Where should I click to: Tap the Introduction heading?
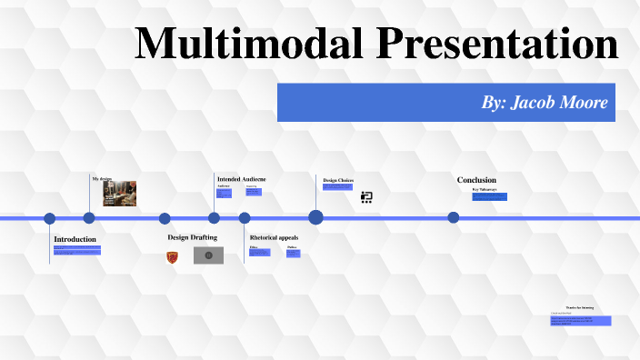[x=75, y=239]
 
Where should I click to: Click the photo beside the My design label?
[x=120, y=193]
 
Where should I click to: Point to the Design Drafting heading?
[x=192, y=237]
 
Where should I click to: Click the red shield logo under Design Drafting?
[x=172, y=257]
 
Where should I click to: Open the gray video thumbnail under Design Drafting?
[x=208, y=255]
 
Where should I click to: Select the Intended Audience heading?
[x=241, y=179]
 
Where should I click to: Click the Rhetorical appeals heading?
[x=274, y=237]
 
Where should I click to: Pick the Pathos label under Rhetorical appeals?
[x=292, y=247]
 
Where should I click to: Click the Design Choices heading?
[x=338, y=180]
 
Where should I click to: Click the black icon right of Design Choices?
[x=366, y=196]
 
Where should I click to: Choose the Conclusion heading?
[x=476, y=180]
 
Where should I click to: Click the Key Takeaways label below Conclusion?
[x=485, y=190]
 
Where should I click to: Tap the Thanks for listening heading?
[x=579, y=308]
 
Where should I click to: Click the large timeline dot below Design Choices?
[x=315, y=217]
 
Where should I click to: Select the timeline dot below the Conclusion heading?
[x=454, y=217]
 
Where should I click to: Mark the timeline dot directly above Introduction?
[x=50, y=218]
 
